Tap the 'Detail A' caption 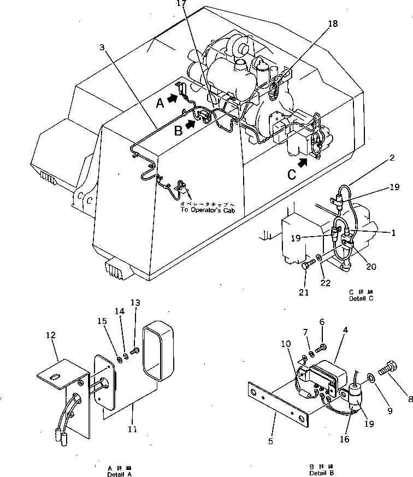(x=119, y=473)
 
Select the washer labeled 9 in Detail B (x=371, y=376)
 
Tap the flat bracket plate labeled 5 (x=279, y=405)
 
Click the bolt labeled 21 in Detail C (x=306, y=268)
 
